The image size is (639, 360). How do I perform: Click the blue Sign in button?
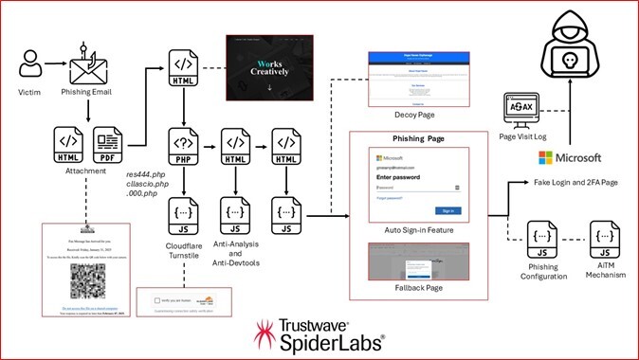[448, 210]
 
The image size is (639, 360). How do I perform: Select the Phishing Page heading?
[419, 137]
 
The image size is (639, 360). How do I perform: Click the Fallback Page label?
[419, 287]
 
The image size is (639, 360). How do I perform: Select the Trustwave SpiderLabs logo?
[319, 333]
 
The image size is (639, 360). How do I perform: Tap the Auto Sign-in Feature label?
[419, 228]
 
